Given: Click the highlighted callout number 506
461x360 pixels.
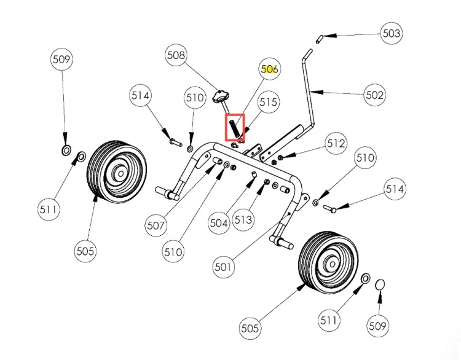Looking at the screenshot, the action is [269, 69].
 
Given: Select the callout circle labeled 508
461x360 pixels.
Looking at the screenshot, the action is [176, 55].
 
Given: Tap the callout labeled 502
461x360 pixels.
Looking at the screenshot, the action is [374, 95].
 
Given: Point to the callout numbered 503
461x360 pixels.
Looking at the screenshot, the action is [392, 33].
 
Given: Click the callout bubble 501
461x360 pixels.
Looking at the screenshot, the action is [223, 267].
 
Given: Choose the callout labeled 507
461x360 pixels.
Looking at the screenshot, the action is [156, 225].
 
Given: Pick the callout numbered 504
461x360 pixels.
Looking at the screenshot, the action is [219, 223].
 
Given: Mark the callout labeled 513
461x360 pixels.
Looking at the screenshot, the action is [243, 220].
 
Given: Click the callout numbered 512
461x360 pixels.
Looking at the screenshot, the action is [336, 143].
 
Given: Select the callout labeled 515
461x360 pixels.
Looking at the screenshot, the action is [268, 102].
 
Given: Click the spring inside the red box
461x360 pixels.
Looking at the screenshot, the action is [234, 128].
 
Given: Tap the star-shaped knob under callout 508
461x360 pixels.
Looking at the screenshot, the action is [220, 96].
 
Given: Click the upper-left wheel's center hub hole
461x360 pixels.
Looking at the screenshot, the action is [121, 174].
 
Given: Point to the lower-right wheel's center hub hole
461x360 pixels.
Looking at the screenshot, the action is [332, 264].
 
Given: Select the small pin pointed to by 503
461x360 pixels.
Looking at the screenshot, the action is [320, 39].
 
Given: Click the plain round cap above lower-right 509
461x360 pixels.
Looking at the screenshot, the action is [380, 285].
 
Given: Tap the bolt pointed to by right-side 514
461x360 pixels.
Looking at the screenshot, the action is [329, 209].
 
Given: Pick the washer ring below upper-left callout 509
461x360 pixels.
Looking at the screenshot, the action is [66, 150].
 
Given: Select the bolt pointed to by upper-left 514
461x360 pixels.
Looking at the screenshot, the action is [176, 143].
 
